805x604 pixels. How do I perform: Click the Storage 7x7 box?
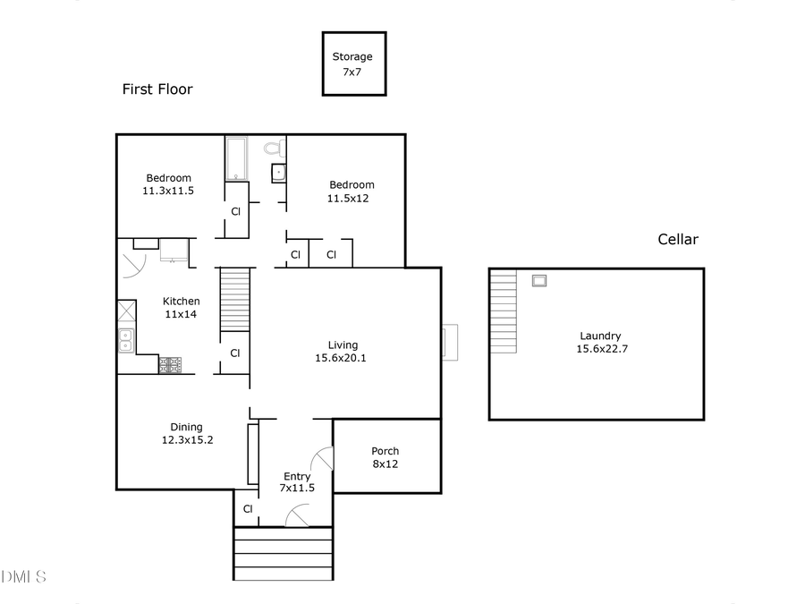coord(353,63)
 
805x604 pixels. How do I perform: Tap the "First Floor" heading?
coord(157,89)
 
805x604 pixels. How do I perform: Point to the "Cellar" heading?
coord(678,239)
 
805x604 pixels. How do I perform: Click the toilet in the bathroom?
coord(274,147)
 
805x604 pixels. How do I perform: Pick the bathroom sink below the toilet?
coord(278,172)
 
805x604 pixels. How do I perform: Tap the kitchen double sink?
coord(125,340)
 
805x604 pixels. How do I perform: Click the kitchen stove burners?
coord(170,364)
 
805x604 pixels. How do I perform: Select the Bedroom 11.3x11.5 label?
coord(168,184)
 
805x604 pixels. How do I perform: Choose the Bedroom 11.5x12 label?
coord(350,191)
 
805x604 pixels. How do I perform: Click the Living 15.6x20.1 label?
coord(343,351)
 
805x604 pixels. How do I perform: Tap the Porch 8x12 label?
coord(386,457)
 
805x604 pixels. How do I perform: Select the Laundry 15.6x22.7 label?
coord(599,343)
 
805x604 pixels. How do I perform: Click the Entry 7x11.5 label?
coord(297,482)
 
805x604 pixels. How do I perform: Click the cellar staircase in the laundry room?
coord(504,312)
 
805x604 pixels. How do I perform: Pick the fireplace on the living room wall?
coord(449,342)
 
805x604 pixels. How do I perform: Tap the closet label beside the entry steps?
coord(248,508)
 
